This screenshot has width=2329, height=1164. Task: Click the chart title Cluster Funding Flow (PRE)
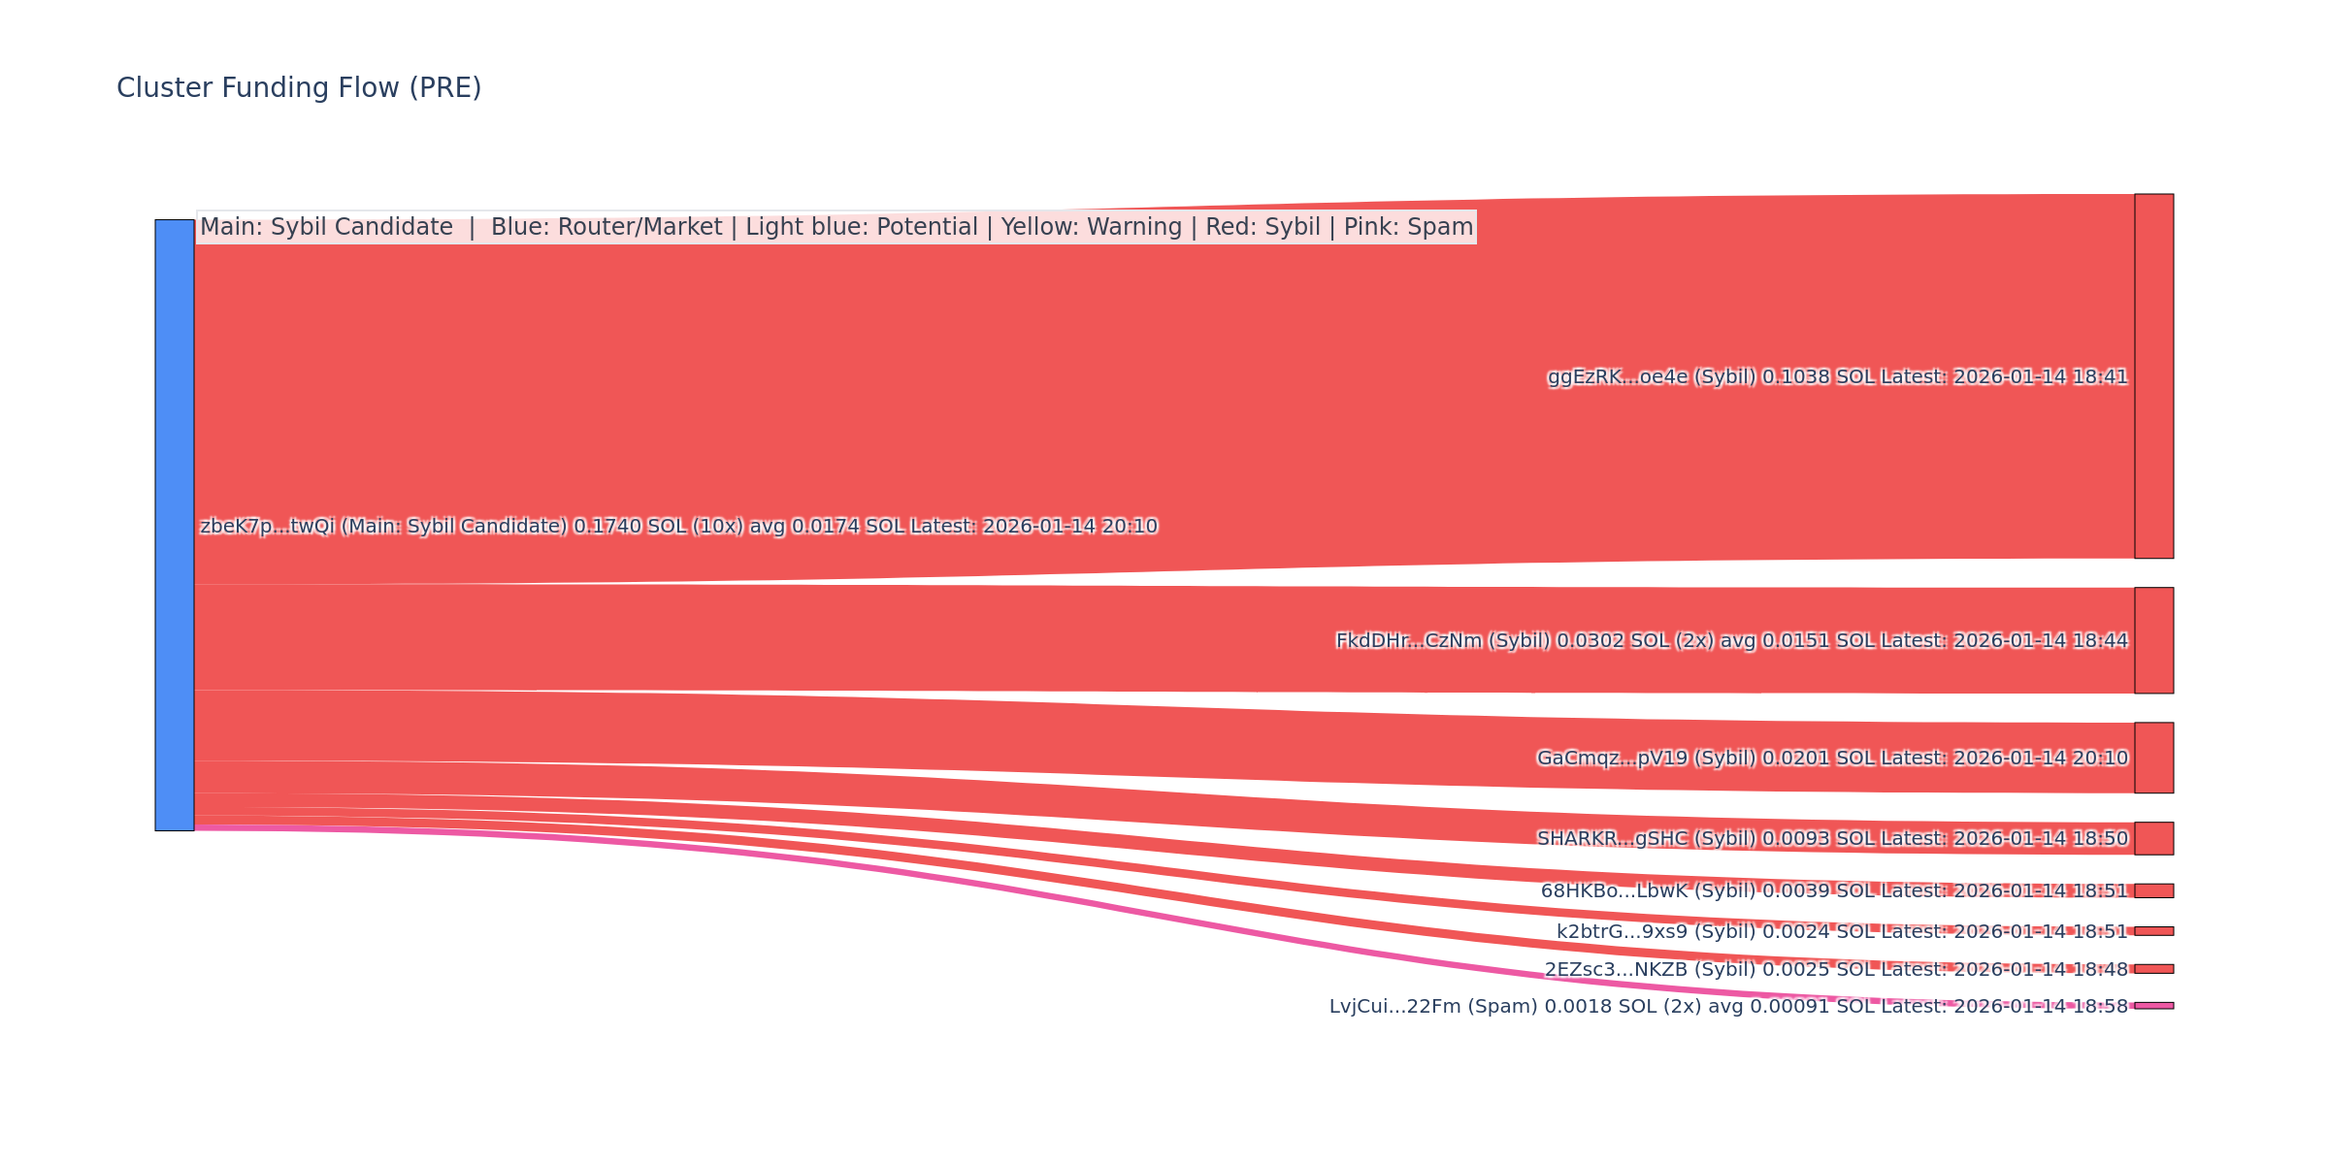pos(299,88)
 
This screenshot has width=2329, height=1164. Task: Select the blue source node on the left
pos(175,525)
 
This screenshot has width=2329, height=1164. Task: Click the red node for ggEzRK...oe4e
pos(2153,376)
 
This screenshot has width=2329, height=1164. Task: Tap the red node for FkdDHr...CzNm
pos(2153,640)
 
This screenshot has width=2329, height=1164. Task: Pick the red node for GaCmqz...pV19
pos(2153,758)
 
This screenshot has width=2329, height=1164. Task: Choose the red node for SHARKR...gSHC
pos(2153,838)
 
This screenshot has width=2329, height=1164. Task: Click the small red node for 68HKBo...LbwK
pos(2153,890)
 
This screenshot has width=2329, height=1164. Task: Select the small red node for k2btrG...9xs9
pos(2153,931)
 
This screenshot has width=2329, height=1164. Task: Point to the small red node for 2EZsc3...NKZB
pos(2153,969)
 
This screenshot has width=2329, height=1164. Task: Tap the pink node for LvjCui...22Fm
pos(2153,1006)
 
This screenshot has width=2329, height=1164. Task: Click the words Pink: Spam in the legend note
pos(1408,228)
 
